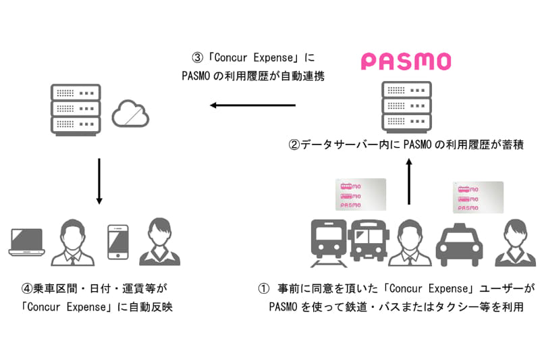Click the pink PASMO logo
tap(406, 62)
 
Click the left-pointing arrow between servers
tap(252, 105)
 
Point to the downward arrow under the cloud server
tap(99, 181)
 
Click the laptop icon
tap(27, 242)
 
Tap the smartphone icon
tap(117, 240)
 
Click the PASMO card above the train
tap(360, 195)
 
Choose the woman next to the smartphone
tap(159, 242)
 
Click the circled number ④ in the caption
tap(27, 288)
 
